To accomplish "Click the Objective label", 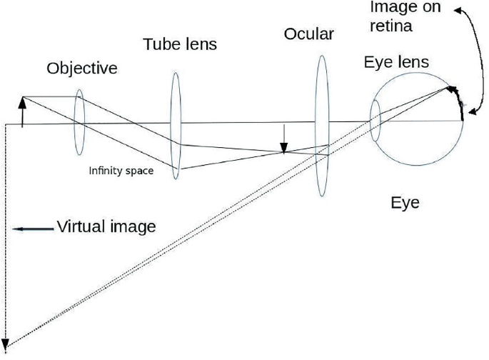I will click(82, 69).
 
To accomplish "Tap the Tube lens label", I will click(180, 44).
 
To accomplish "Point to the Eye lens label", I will click(396, 63).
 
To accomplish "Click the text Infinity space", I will click(121, 171).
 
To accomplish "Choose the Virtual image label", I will click(106, 228).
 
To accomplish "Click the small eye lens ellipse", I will click(375, 121).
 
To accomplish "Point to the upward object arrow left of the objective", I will click(23, 111).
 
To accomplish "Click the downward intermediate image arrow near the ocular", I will click(284, 139).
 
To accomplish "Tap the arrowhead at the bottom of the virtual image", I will click(6, 344).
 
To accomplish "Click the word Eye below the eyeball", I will click(405, 202).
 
